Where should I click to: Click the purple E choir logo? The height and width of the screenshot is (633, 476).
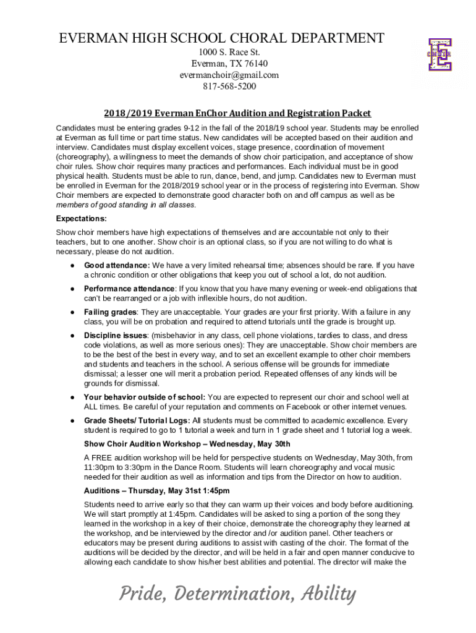(440, 55)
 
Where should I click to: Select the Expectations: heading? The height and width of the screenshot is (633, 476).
(82, 219)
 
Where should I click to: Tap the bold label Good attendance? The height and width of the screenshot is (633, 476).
(117, 265)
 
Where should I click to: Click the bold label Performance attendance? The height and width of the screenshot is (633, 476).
(129, 289)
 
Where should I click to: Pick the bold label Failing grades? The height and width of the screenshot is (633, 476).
(110, 312)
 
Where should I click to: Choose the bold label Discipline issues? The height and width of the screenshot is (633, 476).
(115, 336)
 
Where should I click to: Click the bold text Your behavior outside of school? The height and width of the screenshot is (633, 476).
(145, 397)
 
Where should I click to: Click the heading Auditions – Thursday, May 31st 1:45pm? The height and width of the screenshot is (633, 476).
(156, 491)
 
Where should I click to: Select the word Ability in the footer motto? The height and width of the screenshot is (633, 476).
(328, 595)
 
